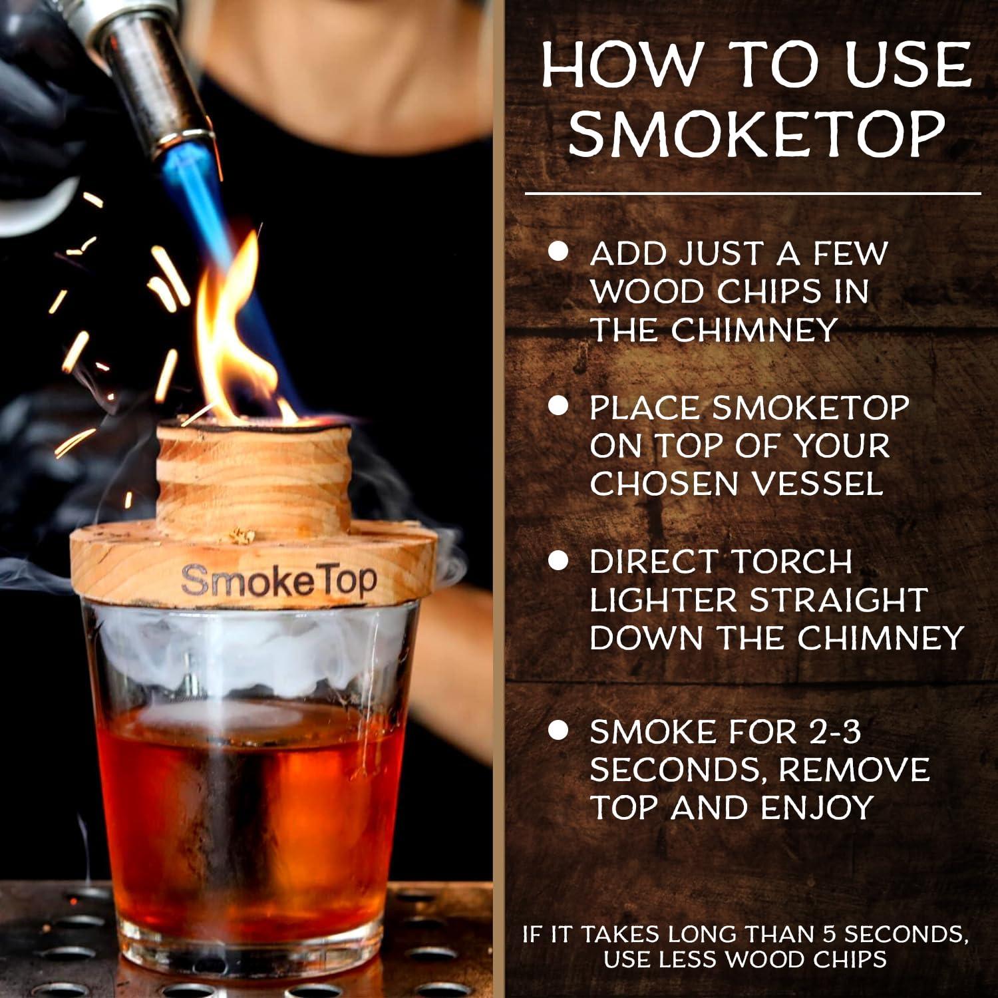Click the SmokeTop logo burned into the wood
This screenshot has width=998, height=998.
[x=279, y=581]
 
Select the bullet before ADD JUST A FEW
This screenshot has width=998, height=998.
[x=559, y=252]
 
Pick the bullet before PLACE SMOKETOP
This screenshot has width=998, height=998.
[x=559, y=407]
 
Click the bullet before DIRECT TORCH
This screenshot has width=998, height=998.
[x=559, y=561]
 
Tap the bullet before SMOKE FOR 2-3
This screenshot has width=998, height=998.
[x=559, y=731]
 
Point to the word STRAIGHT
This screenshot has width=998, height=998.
[x=839, y=599]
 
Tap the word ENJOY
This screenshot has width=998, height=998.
[x=817, y=808]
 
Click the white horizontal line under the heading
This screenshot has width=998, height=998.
[x=752, y=194]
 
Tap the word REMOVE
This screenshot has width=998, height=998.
[x=854, y=770]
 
